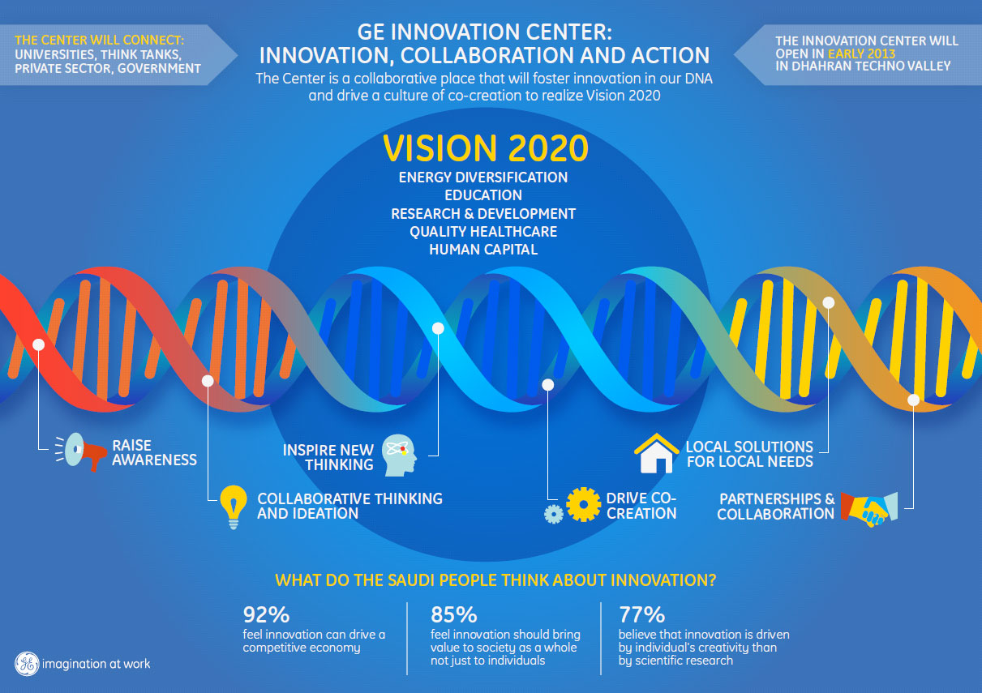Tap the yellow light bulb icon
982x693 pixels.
234,505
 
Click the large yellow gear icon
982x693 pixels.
584,503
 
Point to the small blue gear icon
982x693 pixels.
554,513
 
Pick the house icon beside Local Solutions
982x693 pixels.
656,453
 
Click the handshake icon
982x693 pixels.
868,507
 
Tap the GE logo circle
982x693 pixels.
27,663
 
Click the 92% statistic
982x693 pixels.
266,614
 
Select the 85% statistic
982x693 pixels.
454,614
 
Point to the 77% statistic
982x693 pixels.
641,614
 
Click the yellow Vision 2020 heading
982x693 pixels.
485,149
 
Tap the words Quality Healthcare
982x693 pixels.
483,232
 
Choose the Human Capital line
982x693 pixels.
483,250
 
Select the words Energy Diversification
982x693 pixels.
483,177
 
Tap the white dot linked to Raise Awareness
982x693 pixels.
38,344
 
